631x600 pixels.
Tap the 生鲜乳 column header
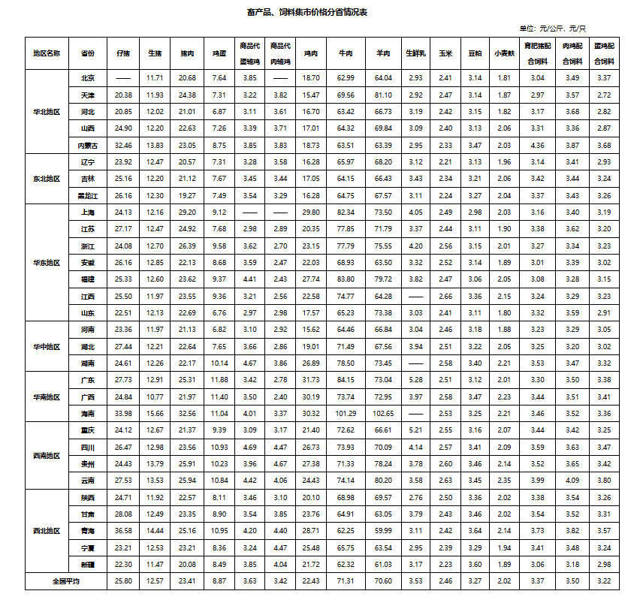point(415,53)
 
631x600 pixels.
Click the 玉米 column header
point(445,53)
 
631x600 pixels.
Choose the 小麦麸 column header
point(504,53)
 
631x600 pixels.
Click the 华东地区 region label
point(47,262)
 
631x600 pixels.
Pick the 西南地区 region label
point(47,456)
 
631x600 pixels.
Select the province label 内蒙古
point(87,145)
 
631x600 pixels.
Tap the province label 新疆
point(87,564)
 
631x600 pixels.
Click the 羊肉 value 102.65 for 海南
point(384,414)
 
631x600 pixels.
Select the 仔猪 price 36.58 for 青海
point(123,531)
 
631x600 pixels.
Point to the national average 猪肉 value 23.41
point(188,581)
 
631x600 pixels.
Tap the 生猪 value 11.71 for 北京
point(155,78)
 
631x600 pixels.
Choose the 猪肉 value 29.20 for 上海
point(188,212)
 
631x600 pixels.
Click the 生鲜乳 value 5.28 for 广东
point(415,380)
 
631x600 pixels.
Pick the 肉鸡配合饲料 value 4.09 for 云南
point(572,481)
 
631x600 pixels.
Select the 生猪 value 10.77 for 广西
point(155,396)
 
